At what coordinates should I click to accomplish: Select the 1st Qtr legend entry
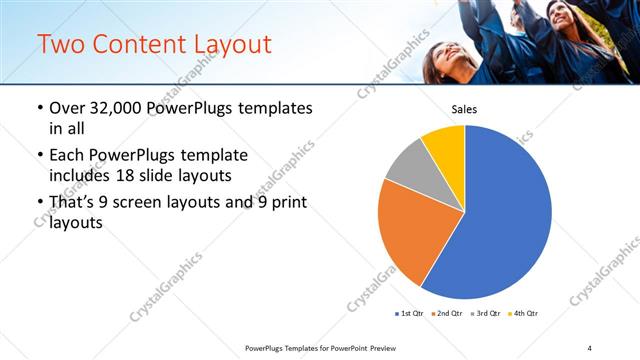point(410,314)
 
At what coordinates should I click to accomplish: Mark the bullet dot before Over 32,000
point(39,108)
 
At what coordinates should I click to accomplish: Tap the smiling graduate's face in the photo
point(442,62)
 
